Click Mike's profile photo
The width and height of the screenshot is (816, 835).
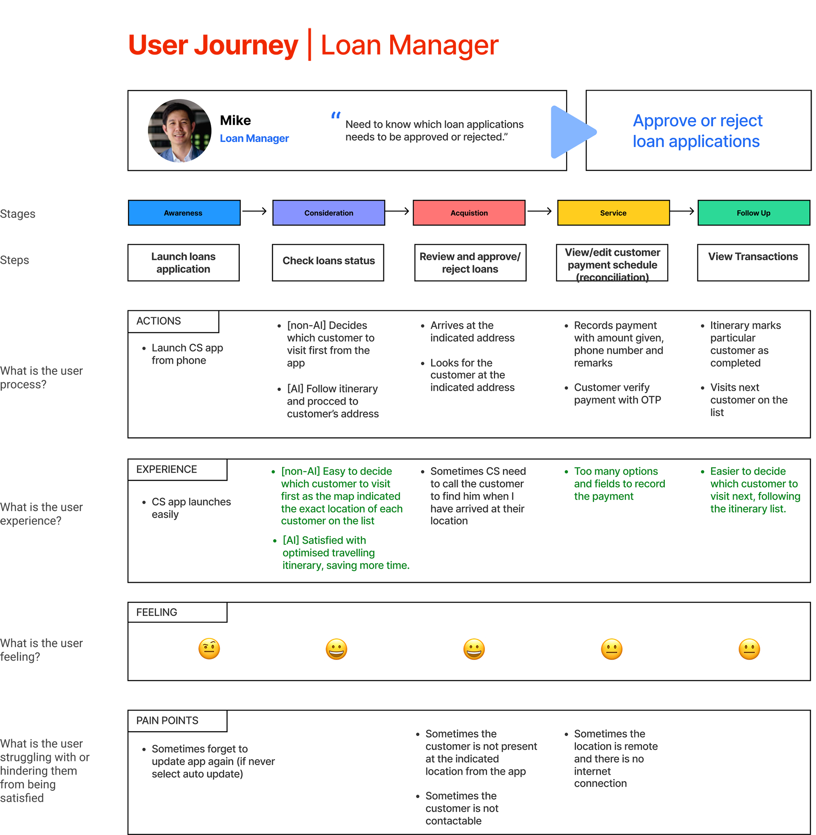click(180, 131)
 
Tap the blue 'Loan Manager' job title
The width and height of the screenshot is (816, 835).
click(254, 139)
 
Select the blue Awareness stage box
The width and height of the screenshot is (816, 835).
click(184, 213)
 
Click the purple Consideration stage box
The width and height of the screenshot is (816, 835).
click(328, 213)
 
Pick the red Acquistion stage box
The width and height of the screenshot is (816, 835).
click(469, 213)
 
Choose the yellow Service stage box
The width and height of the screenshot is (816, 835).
click(613, 213)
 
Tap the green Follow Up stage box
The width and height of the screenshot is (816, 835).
click(754, 213)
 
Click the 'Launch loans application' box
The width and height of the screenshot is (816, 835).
click(184, 262)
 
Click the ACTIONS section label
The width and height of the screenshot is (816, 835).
click(159, 321)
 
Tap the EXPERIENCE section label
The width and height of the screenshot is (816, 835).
click(167, 469)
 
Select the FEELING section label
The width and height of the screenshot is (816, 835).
click(157, 612)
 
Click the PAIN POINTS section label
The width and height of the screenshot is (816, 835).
click(167, 721)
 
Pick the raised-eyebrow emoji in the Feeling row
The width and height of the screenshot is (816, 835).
click(209, 648)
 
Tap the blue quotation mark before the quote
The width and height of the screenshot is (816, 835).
click(336, 115)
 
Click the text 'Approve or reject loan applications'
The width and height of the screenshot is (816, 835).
click(697, 131)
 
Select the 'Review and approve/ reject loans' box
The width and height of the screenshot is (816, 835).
click(470, 262)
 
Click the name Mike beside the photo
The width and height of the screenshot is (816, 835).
click(235, 120)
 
